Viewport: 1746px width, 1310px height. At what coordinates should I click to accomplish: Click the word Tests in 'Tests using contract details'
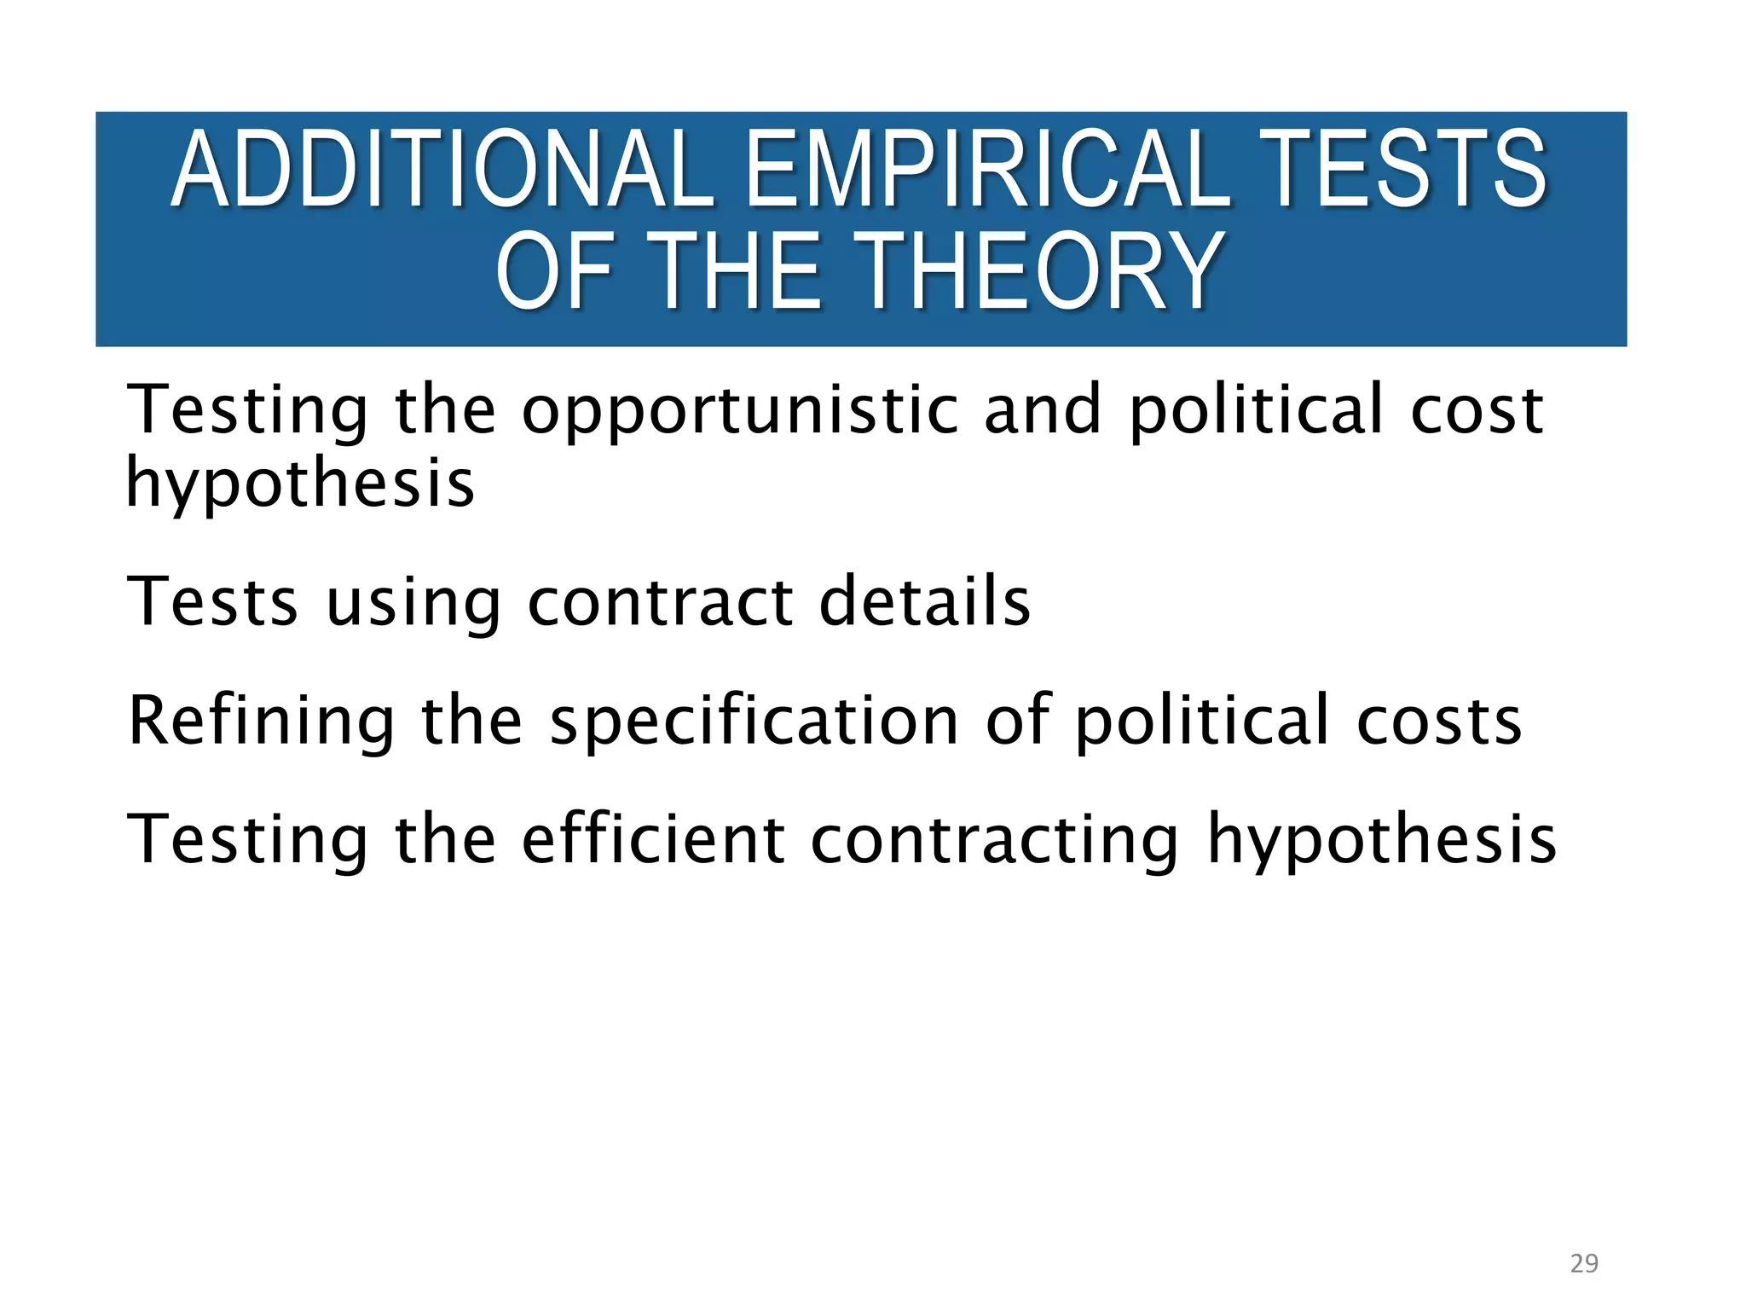coord(212,601)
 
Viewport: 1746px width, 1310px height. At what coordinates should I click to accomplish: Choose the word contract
coord(660,602)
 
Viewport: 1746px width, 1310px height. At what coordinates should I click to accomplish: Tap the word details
coord(925,601)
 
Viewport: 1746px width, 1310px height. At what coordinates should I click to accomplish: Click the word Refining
coord(261,722)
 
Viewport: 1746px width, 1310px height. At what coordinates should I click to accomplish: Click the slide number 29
coord(1584,1264)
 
